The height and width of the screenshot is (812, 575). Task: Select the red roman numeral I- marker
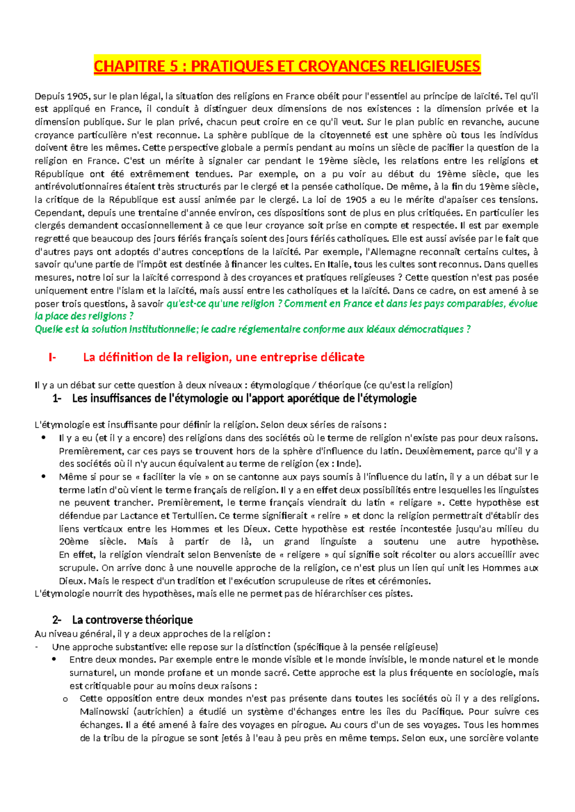pyautogui.click(x=52, y=357)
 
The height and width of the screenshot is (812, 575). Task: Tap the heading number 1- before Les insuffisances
pyautogui.click(x=57, y=398)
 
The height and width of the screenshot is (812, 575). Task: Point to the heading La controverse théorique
pyautogui.click(x=132, y=620)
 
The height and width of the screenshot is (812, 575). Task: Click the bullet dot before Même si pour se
pyautogui.click(x=44, y=477)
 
